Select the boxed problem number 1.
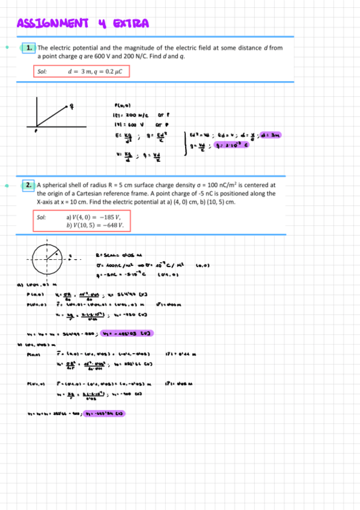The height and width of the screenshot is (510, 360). (29, 47)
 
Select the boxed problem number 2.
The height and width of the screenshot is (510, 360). (29, 185)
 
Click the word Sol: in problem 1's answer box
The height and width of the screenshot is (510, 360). (42, 72)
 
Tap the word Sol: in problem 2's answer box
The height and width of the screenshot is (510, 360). (42, 217)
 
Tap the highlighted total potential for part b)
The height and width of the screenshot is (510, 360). (106, 413)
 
